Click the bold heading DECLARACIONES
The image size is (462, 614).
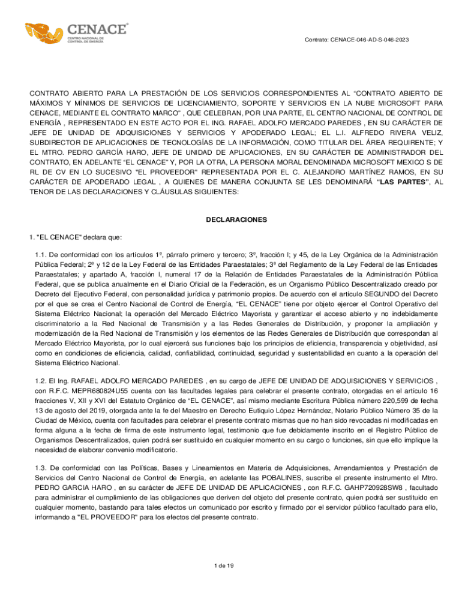pyautogui.click(x=236, y=220)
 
